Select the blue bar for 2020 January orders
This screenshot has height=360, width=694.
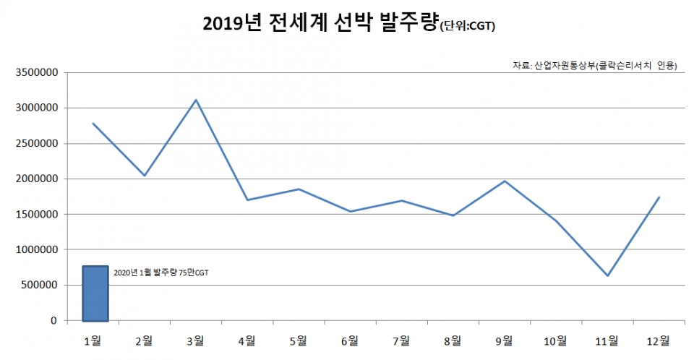[x=95, y=293]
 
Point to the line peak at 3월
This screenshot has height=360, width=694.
[x=196, y=100]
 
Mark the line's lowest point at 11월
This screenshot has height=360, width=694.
[x=608, y=275]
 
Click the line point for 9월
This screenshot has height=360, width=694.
[x=505, y=181]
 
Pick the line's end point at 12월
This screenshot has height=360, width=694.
[x=659, y=197]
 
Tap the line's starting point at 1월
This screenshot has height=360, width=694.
[x=93, y=124]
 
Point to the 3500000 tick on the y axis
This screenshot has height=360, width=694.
[x=35, y=72]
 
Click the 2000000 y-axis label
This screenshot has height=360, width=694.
[x=35, y=179]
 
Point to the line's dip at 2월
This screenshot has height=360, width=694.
[x=145, y=175]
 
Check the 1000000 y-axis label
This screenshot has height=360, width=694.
[x=35, y=249]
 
